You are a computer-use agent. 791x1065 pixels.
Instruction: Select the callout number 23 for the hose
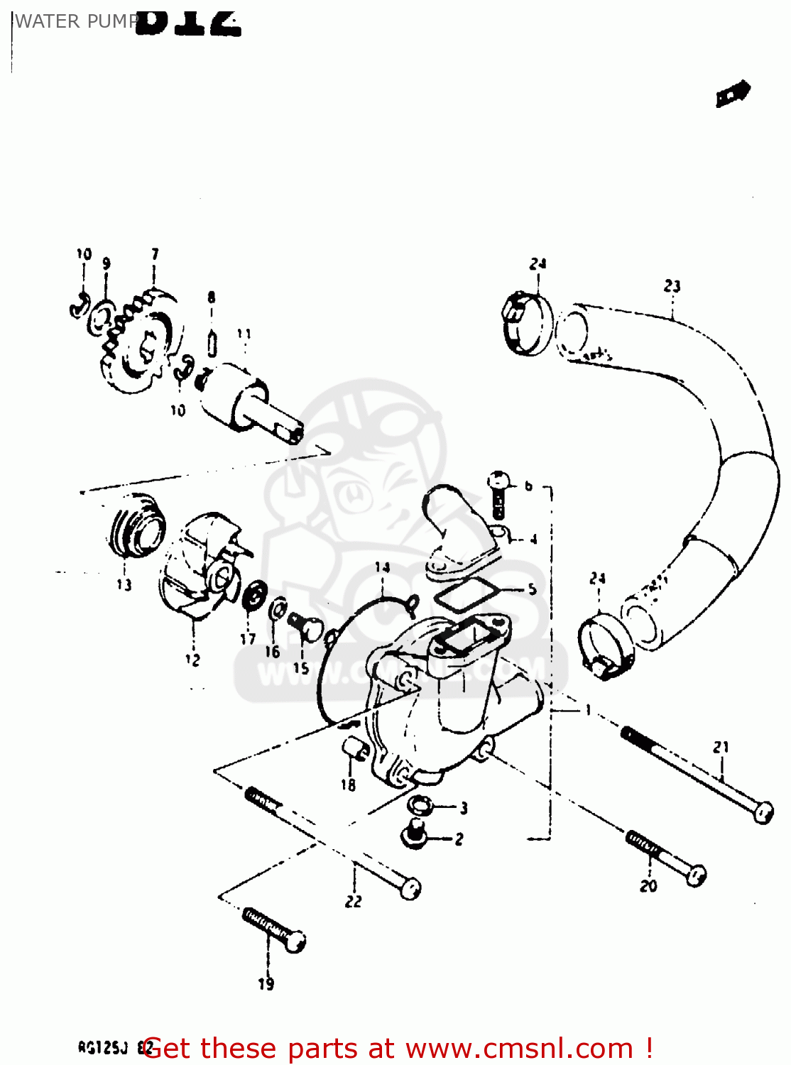click(x=672, y=286)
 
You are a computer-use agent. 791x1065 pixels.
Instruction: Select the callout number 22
click(x=353, y=901)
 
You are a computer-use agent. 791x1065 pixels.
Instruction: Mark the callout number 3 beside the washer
click(x=463, y=807)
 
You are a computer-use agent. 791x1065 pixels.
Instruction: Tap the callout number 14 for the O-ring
click(x=382, y=567)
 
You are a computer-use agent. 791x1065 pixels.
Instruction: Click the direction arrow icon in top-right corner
click(x=733, y=94)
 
